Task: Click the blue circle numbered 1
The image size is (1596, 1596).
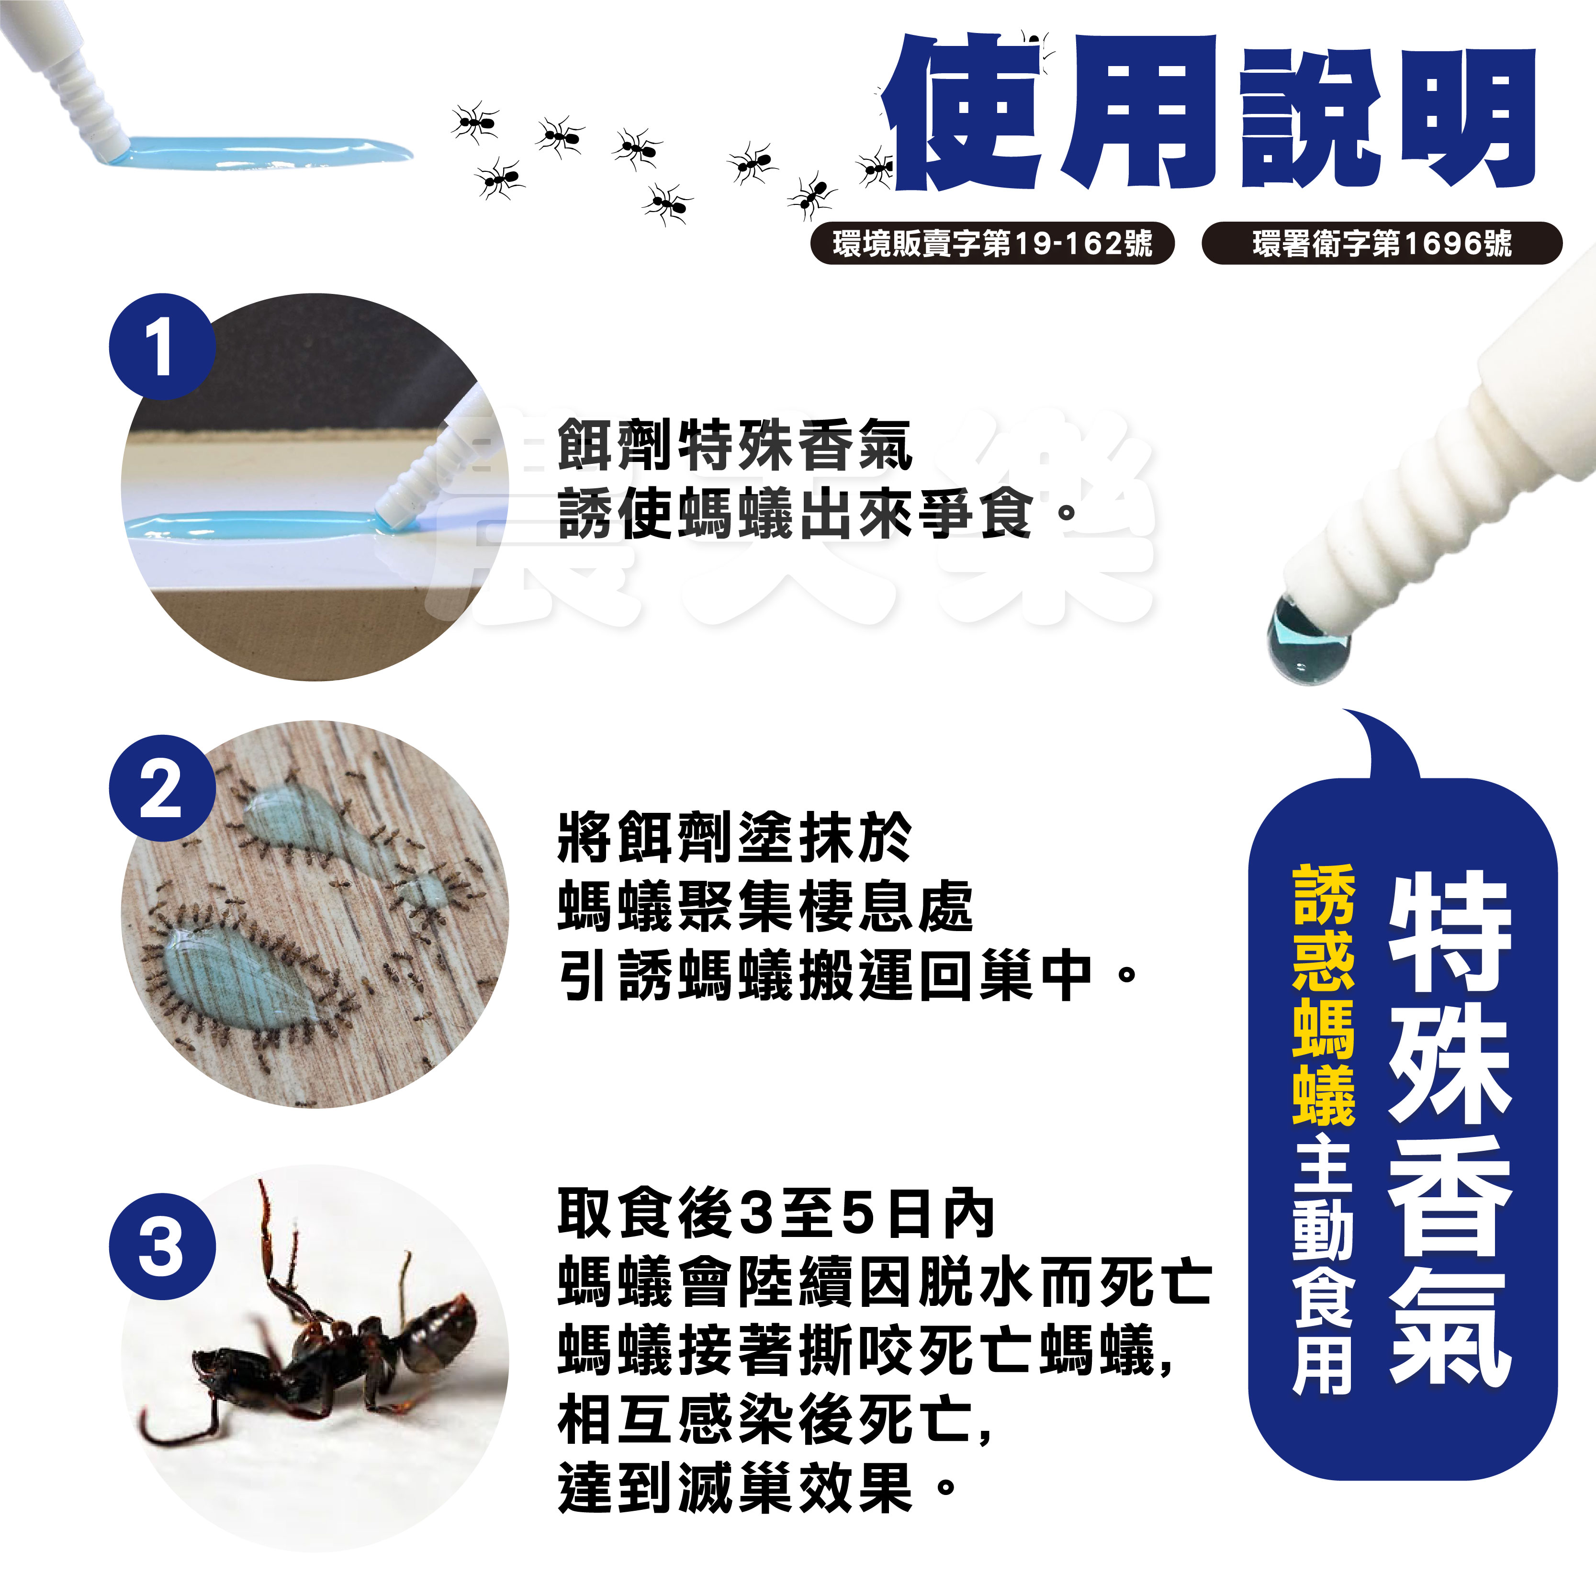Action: click(x=162, y=347)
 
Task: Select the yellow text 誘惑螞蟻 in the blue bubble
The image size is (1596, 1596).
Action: click(x=1324, y=995)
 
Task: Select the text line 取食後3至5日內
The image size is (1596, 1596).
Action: click(x=776, y=1214)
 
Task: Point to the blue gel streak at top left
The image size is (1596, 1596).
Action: click(x=256, y=151)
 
